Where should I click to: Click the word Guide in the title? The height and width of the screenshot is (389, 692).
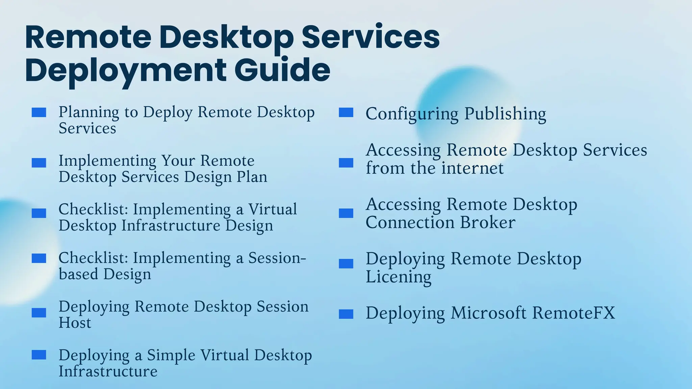pos(282,70)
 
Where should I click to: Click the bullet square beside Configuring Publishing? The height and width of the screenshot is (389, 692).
pos(346,112)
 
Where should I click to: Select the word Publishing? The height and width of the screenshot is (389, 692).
pos(505,114)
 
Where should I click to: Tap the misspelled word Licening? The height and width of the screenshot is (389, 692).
pos(398,277)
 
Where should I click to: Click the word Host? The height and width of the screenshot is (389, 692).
pos(75,323)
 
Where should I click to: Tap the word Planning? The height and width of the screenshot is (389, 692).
pos(89,112)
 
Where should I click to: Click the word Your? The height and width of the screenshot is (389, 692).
pos(178,161)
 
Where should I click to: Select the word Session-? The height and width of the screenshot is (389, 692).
pos(277,258)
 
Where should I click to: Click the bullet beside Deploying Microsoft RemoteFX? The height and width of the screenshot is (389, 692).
pos(346,314)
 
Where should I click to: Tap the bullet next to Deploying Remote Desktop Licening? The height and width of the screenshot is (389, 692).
pos(346,263)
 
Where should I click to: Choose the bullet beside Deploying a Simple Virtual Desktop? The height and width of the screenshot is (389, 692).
pos(39,355)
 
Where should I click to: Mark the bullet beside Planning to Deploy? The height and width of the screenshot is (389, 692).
pos(39,112)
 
